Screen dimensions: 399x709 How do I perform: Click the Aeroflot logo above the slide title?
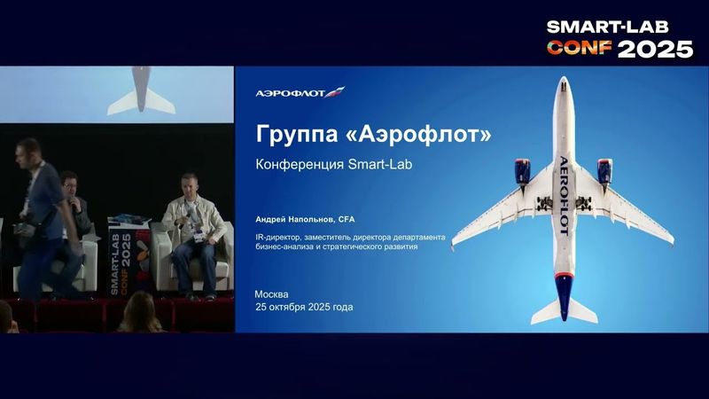(x=300, y=92)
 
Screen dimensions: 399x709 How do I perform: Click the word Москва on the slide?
(x=271, y=294)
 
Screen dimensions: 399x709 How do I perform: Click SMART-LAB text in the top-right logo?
(x=619, y=27)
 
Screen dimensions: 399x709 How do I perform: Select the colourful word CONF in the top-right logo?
(x=580, y=49)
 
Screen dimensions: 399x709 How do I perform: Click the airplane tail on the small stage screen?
(x=141, y=96)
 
